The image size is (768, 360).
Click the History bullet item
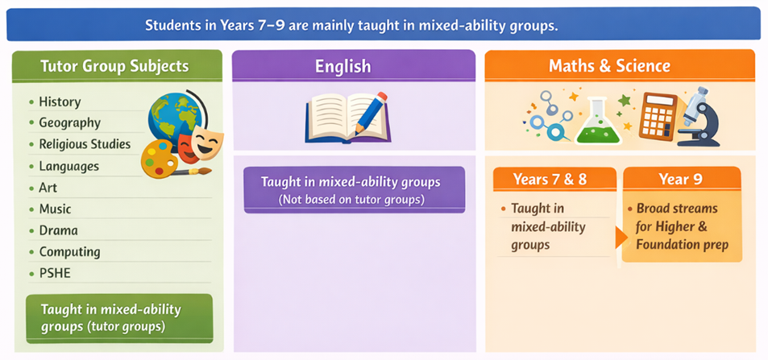point(60,102)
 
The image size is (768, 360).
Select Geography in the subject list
point(69,123)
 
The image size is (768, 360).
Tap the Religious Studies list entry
point(84,144)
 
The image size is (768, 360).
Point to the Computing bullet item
point(69,252)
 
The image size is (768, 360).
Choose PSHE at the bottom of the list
point(55,273)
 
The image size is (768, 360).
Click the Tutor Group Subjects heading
point(114,66)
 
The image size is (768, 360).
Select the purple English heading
point(342,66)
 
